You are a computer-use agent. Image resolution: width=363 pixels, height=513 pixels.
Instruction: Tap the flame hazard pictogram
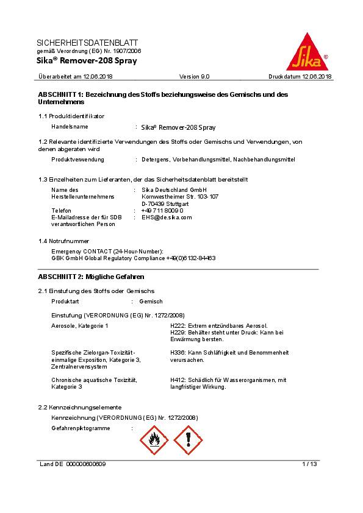click(154, 440)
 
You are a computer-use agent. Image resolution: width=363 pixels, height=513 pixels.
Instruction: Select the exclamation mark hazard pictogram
click(188, 440)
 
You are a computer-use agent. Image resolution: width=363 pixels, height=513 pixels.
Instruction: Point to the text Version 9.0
click(194, 77)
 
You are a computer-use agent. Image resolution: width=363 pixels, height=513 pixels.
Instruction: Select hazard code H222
click(178, 326)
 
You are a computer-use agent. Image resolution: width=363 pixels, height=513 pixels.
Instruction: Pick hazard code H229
click(178, 333)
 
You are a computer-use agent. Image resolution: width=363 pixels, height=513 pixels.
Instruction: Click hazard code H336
click(178, 353)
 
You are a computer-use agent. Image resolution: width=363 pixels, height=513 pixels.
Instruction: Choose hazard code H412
click(178, 380)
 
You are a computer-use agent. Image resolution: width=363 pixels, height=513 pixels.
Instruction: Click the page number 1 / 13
click(309, 464)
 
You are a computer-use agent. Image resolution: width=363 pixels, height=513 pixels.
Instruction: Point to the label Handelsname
click(70, 127)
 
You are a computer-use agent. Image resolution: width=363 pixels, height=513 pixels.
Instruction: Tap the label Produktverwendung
click(77, 160)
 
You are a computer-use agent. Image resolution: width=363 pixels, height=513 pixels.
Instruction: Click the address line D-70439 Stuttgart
click(165, 203)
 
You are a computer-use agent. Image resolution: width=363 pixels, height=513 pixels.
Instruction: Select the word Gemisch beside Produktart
click(151, 302)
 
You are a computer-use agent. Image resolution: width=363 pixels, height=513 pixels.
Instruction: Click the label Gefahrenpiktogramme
click(81, 428)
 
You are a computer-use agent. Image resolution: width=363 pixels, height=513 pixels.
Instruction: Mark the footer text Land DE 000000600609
click(73, 464)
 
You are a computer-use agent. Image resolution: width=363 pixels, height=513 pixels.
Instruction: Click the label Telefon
click(62, 210)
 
